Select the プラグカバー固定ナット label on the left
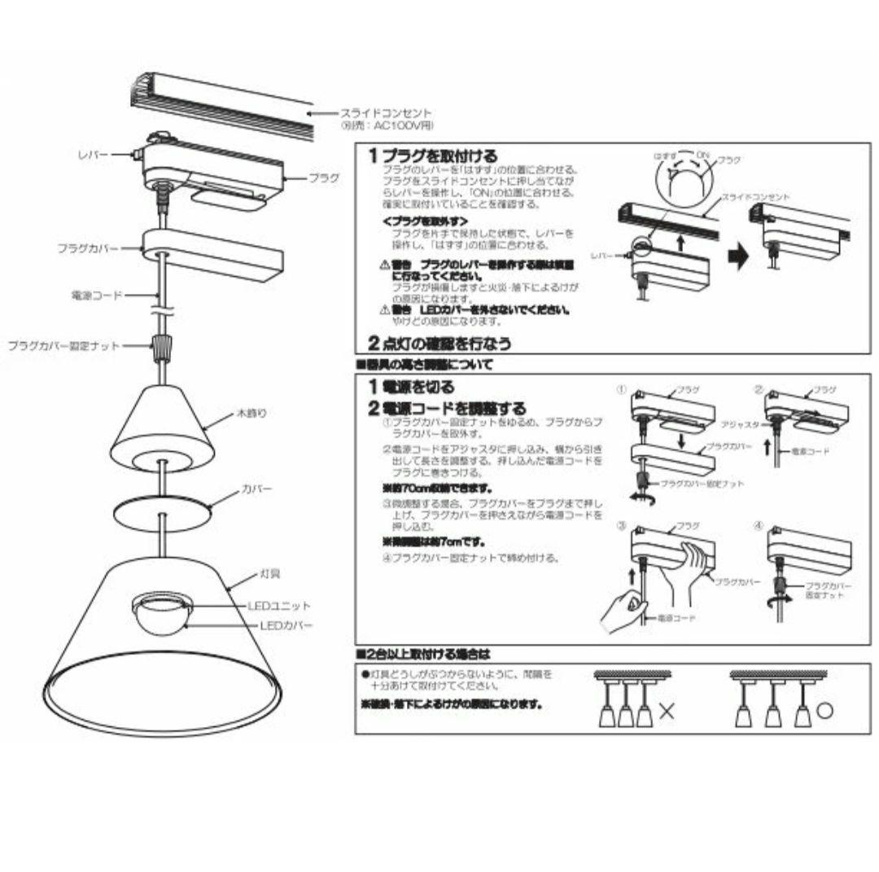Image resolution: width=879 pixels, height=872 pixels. [63, 346]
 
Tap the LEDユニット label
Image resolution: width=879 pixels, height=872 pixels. [279, 606]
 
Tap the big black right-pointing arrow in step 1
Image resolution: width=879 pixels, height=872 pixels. [736, 258]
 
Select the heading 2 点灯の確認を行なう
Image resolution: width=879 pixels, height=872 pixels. [439, 344]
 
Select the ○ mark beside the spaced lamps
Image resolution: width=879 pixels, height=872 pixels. [824, 710]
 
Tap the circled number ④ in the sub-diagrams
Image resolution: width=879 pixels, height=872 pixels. [759, 526]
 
